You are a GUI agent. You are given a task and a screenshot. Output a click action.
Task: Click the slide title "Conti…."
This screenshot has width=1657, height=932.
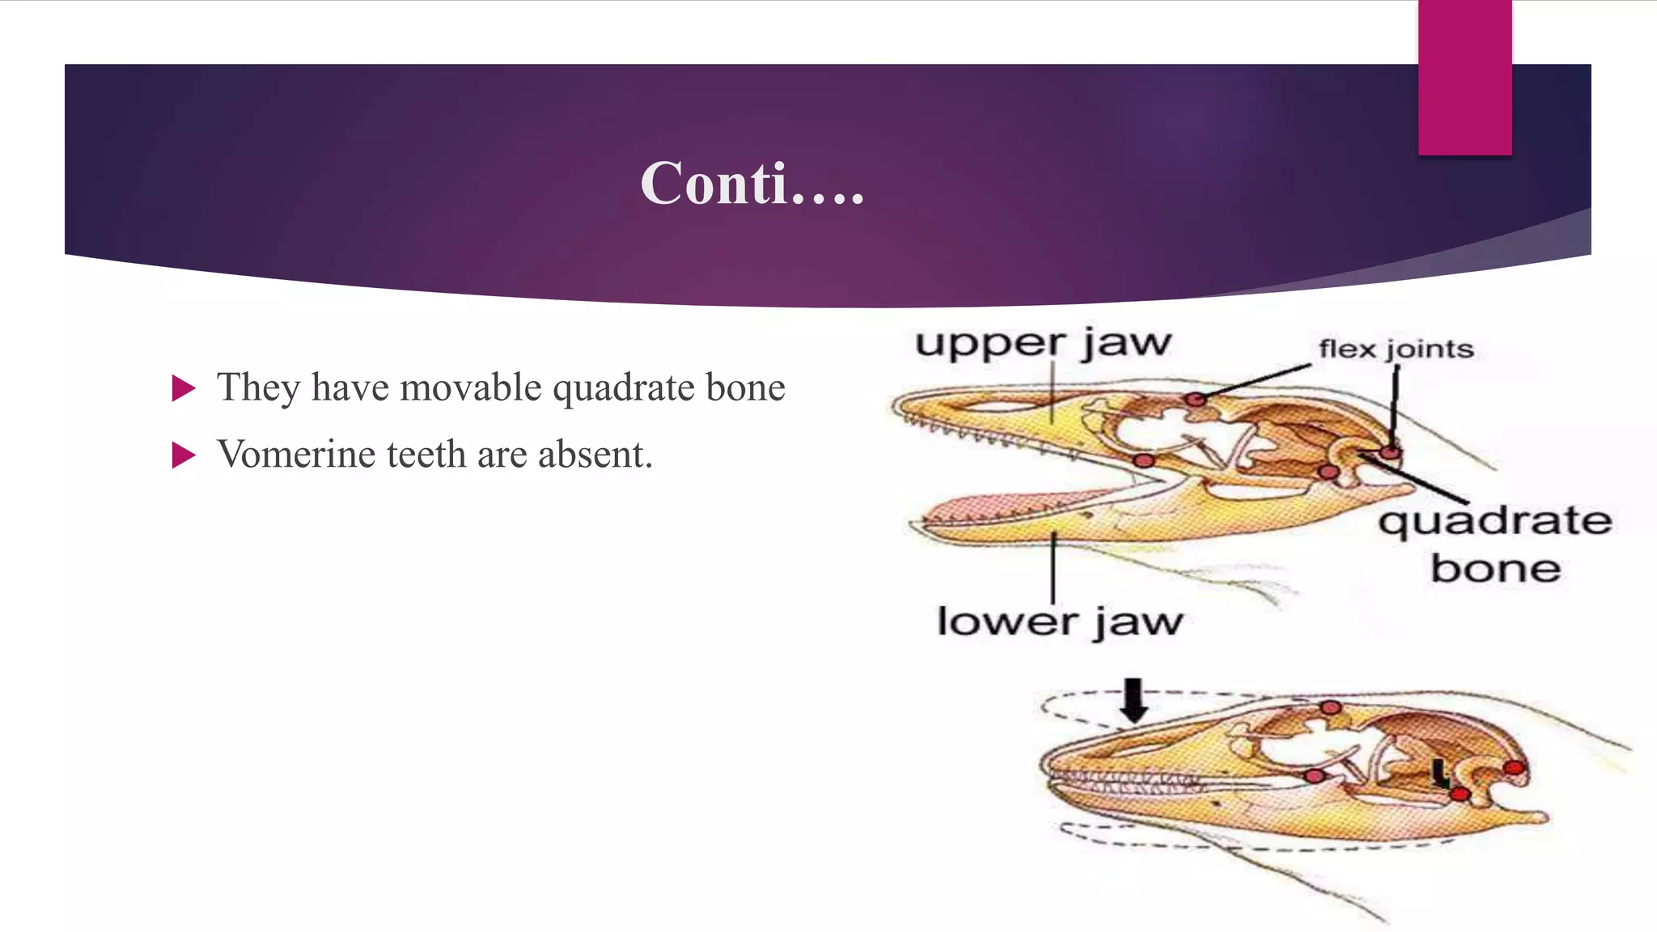[752, 184]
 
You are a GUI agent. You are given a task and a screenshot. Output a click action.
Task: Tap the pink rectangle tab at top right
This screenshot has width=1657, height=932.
[1464, 77]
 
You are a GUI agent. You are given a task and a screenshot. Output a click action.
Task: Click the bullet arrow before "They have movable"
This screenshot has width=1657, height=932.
[184, 388]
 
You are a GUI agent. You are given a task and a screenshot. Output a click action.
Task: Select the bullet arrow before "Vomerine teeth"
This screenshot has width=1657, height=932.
[184, 455]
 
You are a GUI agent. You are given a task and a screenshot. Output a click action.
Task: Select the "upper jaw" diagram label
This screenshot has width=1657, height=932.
[1043, 343]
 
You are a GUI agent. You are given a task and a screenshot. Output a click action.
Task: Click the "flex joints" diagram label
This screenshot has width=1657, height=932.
[1396, 349]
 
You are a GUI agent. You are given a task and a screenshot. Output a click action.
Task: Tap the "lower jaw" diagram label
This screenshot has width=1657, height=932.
[1059, 622]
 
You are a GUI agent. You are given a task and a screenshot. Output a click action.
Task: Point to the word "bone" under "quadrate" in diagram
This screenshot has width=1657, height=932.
[1495, 569]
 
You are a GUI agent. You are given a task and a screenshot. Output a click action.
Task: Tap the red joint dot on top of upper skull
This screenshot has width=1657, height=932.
[1195, 399]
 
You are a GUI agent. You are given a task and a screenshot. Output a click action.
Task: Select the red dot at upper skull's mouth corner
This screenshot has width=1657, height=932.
[1143, 460]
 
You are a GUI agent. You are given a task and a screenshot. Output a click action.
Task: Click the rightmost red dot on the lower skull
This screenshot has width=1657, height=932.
[1514, 767]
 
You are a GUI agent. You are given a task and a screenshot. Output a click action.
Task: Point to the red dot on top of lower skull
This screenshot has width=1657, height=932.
[1331, 708]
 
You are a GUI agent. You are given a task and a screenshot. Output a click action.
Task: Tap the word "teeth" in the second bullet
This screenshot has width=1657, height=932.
[426, 455]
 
